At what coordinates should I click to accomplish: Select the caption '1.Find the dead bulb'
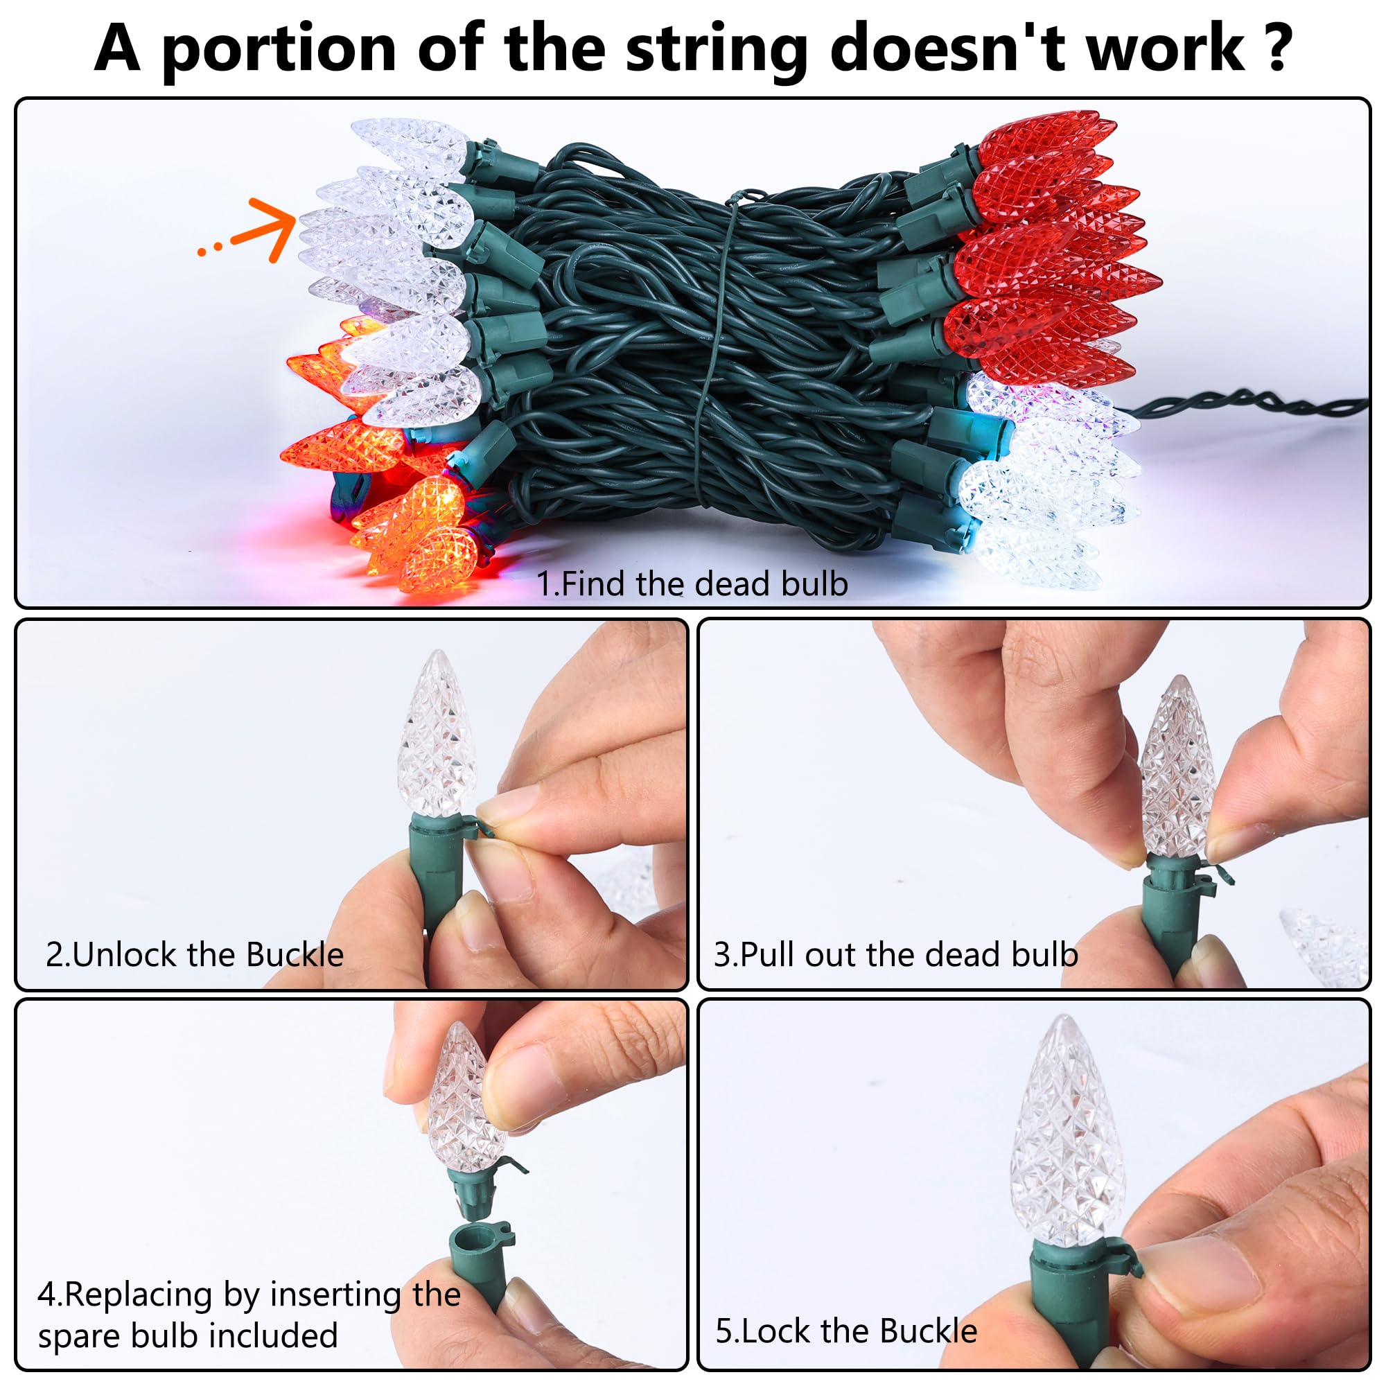[692, 584]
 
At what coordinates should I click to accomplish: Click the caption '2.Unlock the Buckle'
[195, 955]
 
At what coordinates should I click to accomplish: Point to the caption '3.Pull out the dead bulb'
[895, 955]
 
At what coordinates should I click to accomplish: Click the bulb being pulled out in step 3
[1177, 768]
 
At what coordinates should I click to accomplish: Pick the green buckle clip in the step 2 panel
[477, 827]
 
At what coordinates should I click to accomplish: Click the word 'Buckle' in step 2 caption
[294, 955]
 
